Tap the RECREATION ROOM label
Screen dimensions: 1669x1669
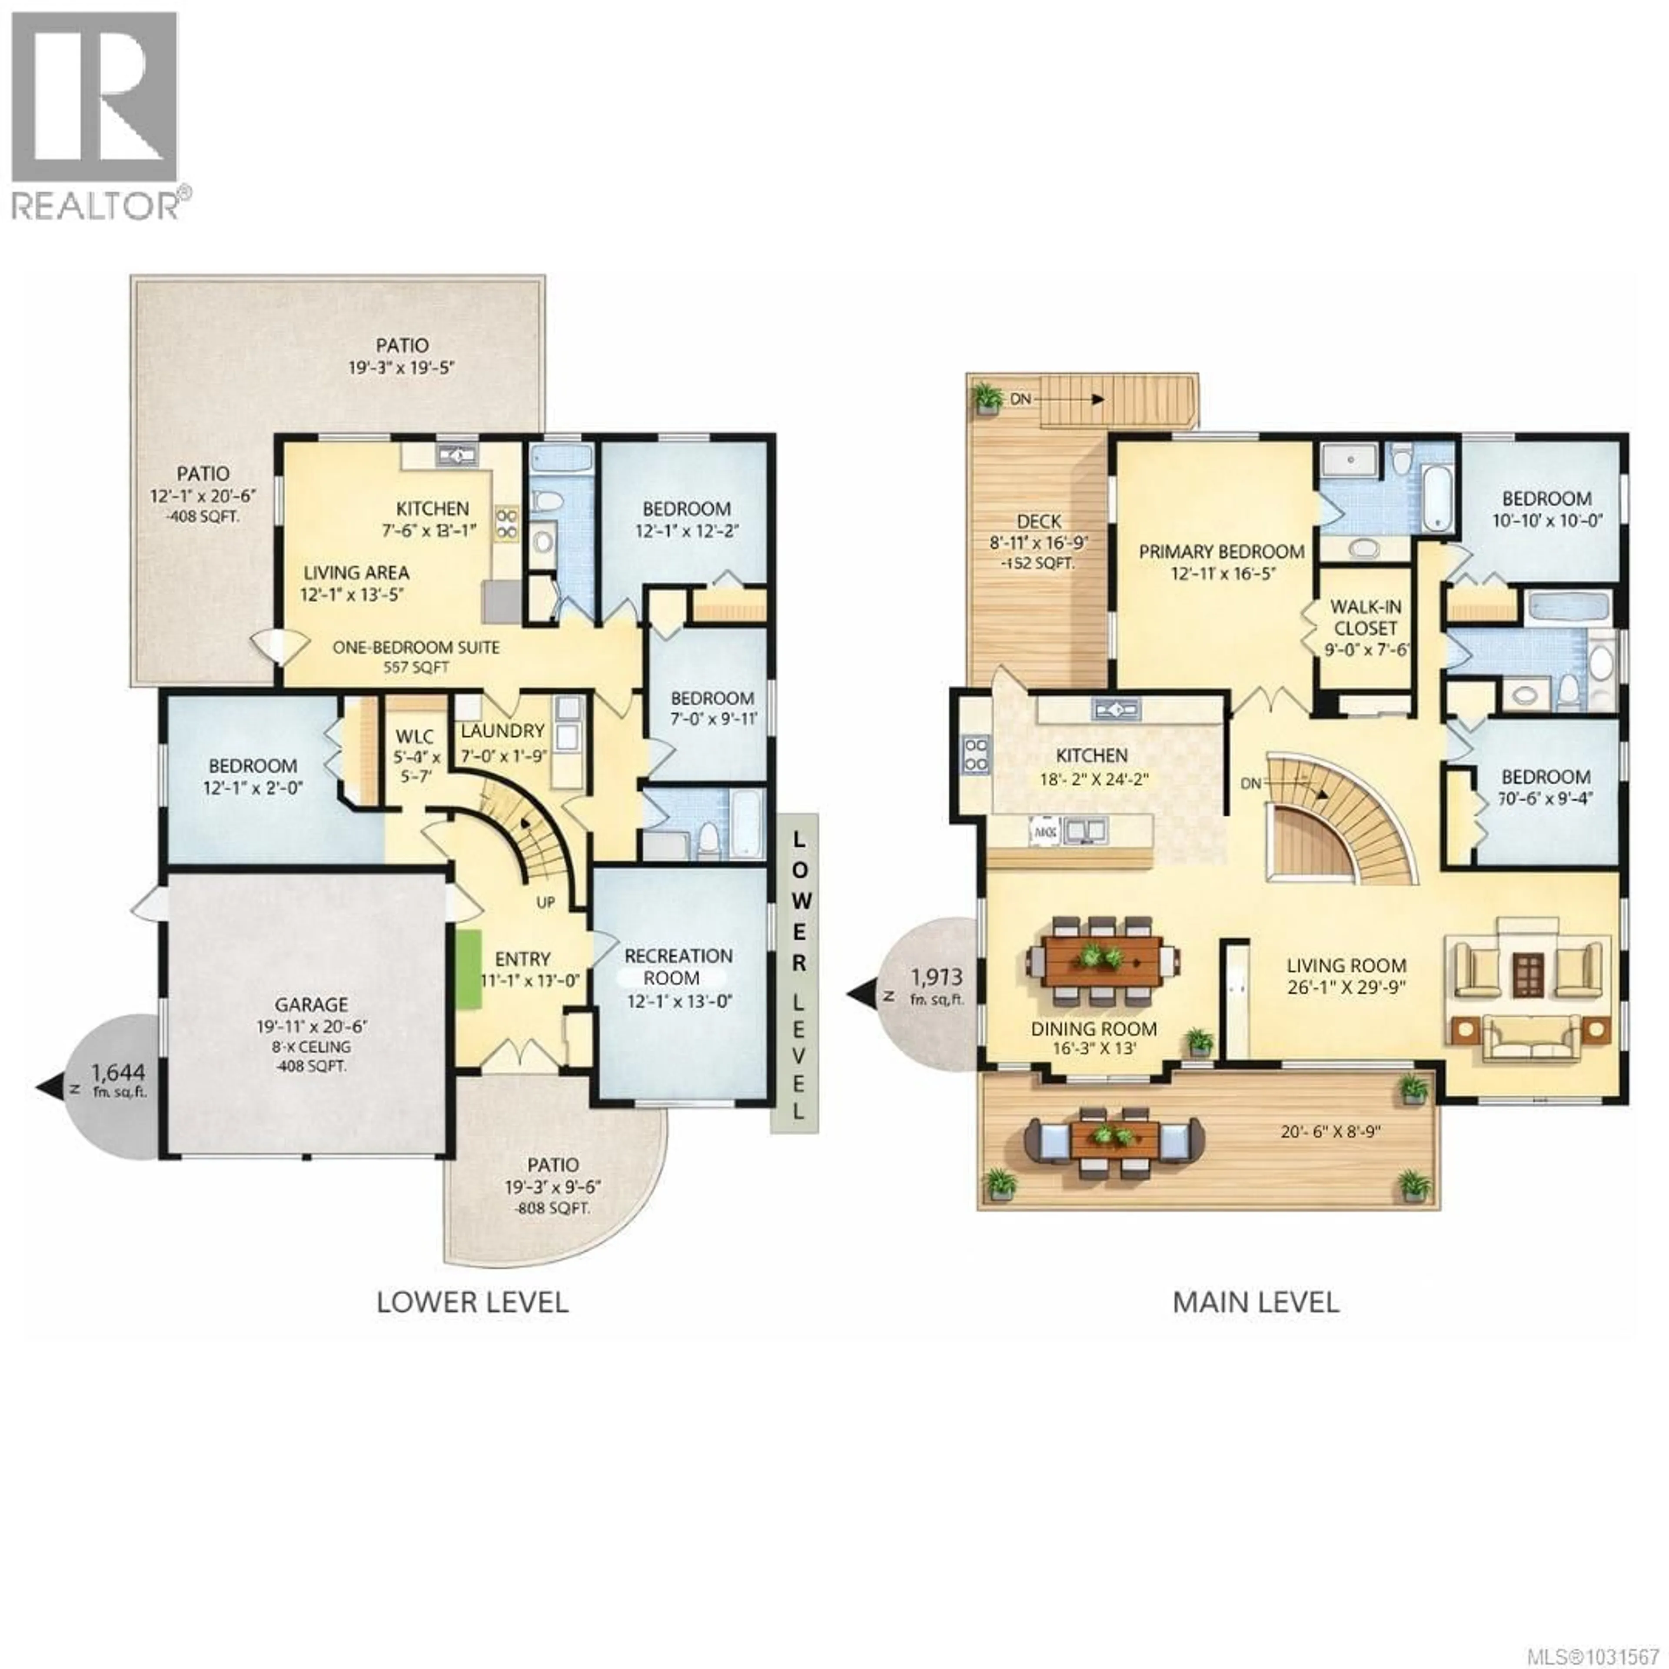pos(678,967)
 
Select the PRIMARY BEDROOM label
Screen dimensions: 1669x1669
pos(1221,551)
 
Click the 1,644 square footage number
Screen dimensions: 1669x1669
pos(118,1073)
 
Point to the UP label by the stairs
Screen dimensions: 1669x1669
pos(545,902)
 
